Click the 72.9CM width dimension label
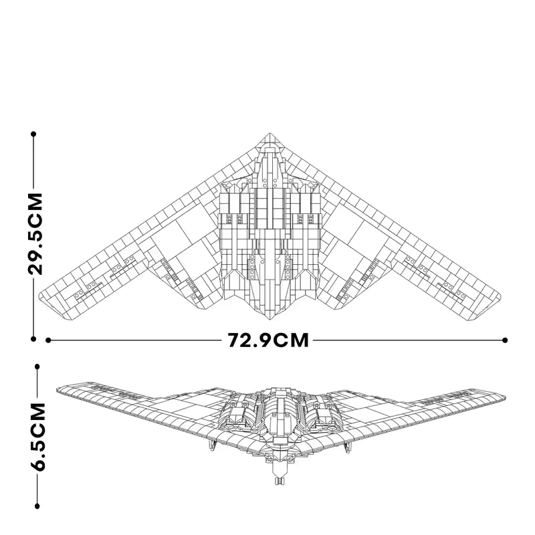click(267, 340)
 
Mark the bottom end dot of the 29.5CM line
click(33, 338)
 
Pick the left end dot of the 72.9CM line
click(48, 340)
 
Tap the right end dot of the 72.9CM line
click(505, 340)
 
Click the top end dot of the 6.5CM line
click(37, 366)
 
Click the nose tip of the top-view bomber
click(270, 133)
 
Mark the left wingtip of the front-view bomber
click(59, 390)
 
